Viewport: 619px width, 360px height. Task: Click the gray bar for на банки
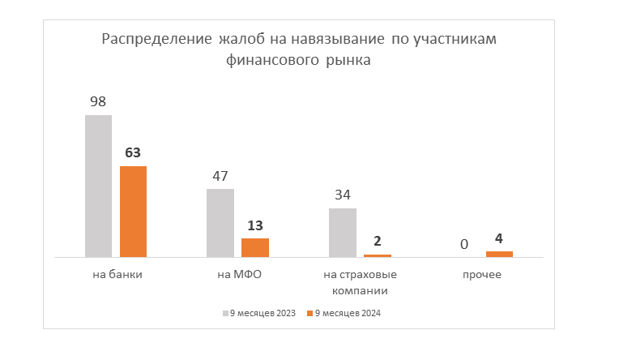(x=98, y=186)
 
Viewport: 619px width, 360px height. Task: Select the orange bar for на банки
(x=133, y=212)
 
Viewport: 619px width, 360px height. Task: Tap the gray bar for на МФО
(x=220, y=223)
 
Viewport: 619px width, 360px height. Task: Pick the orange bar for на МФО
(x=255, y=247)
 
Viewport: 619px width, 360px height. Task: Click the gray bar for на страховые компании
(x=343, y=233)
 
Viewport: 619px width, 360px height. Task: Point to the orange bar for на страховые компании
(x=378, y=255)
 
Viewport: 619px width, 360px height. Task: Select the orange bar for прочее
(x=499, y=254)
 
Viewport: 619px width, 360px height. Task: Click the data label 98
(x=98, y=102)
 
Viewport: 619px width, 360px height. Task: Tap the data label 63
(x=133, y=152)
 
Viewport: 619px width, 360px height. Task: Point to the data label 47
(x=220, y=176)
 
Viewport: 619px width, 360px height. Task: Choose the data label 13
(x=255, y=225)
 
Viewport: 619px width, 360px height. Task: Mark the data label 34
(x=343, y=195)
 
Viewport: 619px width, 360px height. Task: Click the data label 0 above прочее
(x=464, y=244)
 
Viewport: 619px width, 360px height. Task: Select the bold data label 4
(x=499, y=238)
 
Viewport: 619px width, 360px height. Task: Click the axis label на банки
(x=117, y=275)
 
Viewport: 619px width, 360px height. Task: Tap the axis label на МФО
(x=239, y=275)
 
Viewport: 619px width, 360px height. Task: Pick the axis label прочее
(x=482, y=275)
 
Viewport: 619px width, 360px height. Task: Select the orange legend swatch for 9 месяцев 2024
(x=309, y=313)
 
